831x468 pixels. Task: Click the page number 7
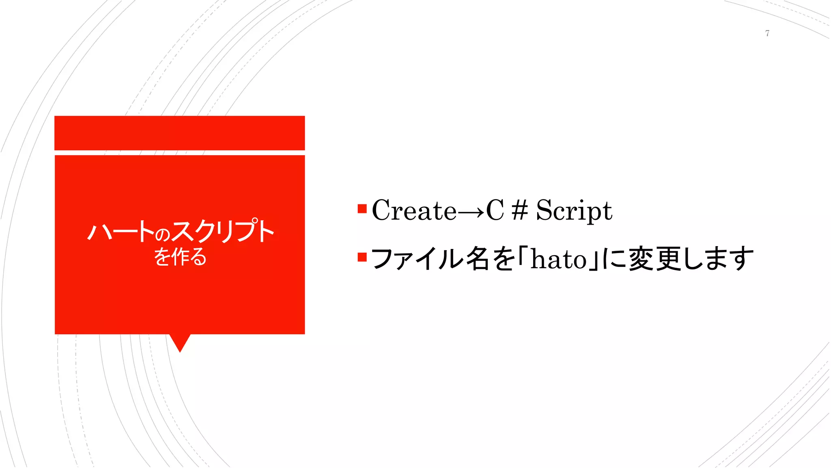tap(767, 33)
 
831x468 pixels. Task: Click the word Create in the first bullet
tap(414, 210)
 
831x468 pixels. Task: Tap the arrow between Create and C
tap(471, 211)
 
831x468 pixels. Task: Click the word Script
tap(574, 210)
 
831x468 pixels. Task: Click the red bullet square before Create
tap(362, 209)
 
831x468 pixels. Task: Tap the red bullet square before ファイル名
tap(362, 257)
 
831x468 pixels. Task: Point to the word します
tap(718, 259)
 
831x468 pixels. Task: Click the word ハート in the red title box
tap(121, 232)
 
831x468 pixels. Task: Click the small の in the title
tap(162, 234)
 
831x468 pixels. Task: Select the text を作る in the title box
tap(180, 257)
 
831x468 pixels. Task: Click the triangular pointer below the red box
tap(180, 342)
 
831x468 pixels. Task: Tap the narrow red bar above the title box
tap(179, 133)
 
